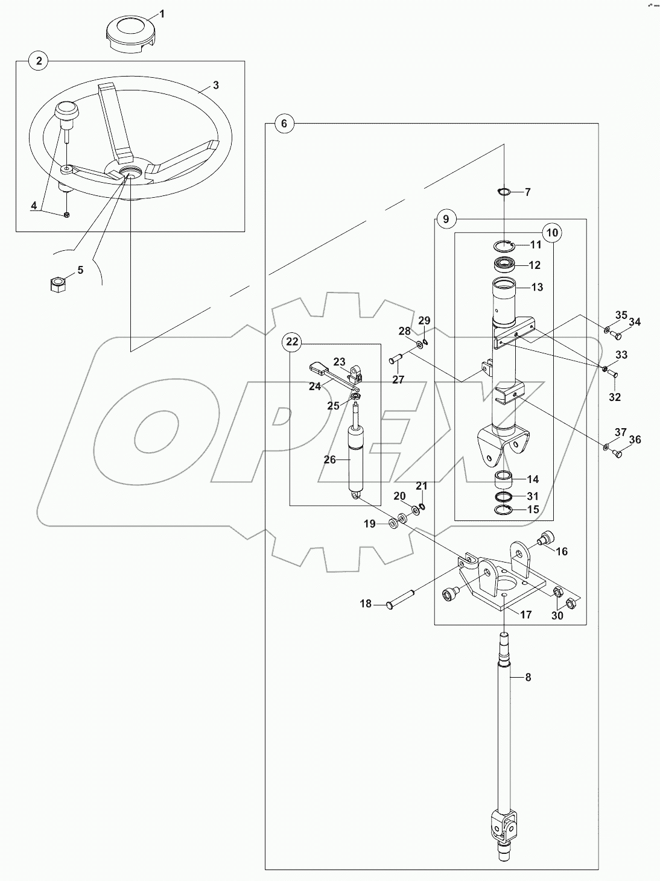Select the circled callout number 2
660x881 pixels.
[39, 60]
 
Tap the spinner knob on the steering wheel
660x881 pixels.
[66, 113]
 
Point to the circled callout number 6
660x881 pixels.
[284, 124]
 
